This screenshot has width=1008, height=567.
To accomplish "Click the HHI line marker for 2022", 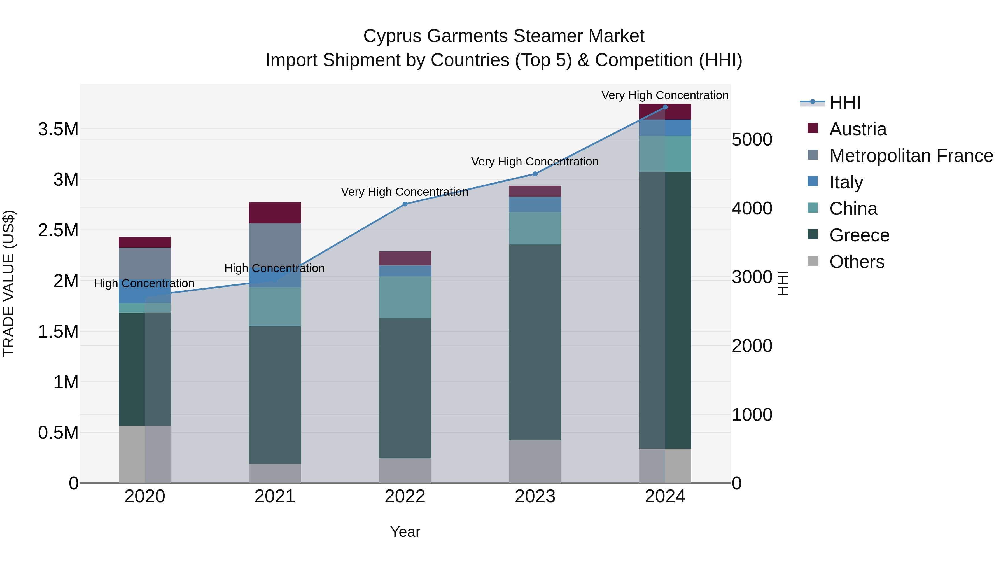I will tap(405, 204).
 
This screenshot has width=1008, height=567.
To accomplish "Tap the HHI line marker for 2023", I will tap(535, 174).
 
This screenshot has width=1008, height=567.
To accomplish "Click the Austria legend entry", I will tap(858, 129).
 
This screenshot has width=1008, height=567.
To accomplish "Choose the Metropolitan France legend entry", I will tap(911, 156).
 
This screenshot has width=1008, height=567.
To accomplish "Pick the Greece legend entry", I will tap(859, 235).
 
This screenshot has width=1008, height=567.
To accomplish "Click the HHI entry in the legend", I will tap(844, 102).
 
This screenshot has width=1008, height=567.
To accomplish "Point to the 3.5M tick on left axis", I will tap(58, 129).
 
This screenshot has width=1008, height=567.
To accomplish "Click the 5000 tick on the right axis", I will tap(752, 140).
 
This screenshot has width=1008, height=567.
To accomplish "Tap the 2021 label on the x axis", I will tap(275, 496).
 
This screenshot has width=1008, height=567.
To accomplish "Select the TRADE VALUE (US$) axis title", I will tap(9, 283).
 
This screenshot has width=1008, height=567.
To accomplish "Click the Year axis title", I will tap(405, 532).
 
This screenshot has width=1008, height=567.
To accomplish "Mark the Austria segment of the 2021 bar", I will tap(275, 213).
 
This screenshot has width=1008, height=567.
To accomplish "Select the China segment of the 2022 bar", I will tap(405, 297).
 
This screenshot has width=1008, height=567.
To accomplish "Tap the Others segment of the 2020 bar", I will tap(144, 454).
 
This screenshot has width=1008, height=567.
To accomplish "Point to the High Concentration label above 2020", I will tap(144, 283).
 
